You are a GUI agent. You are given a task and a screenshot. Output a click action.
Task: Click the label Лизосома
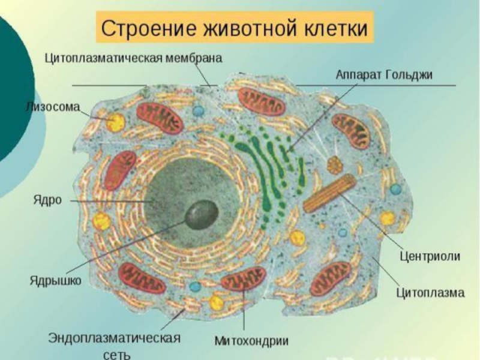(x=52, y=107)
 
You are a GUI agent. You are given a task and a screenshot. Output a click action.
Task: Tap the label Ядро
(x=47, y=200)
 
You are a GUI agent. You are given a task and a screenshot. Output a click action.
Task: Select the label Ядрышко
(x=55, y=280)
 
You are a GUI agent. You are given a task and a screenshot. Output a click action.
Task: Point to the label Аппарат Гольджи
(x=384, y=74)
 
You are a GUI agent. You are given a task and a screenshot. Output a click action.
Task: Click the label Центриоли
(x=430, y=256)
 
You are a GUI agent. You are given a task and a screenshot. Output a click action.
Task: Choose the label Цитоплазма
(x=430, y=293)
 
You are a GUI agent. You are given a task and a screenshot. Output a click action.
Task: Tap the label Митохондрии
(x=252, y=341)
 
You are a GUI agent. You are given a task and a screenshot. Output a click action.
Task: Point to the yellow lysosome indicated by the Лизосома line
(x=116, y=123)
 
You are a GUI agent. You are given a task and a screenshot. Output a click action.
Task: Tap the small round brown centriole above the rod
(x=334, y=163)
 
